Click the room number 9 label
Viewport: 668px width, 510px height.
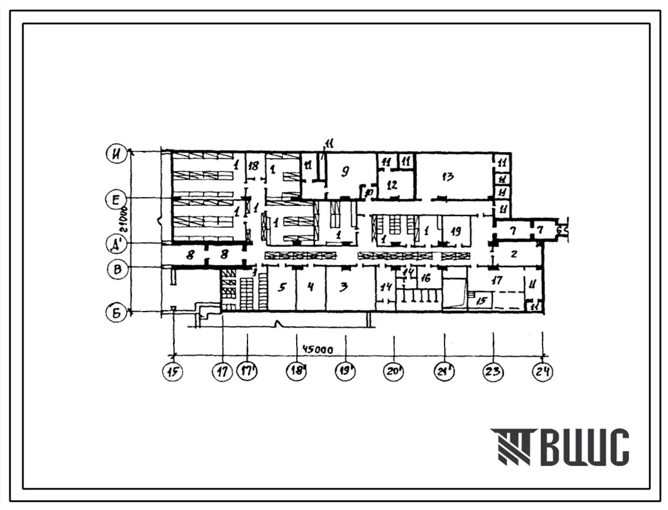click(345, 171)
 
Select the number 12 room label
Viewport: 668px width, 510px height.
click(392, 184)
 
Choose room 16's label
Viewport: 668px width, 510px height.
click(426, 278)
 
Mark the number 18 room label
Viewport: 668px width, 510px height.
click(253, 166)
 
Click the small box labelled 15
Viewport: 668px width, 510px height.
click(481, 301)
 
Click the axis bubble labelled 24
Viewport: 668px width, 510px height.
click(544, 372)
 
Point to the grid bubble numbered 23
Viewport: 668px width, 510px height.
click(493, 372)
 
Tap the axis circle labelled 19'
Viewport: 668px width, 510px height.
click(347, 372)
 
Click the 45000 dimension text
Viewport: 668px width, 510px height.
click(317, 350)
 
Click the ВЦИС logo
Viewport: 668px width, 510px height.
click(560, 447)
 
